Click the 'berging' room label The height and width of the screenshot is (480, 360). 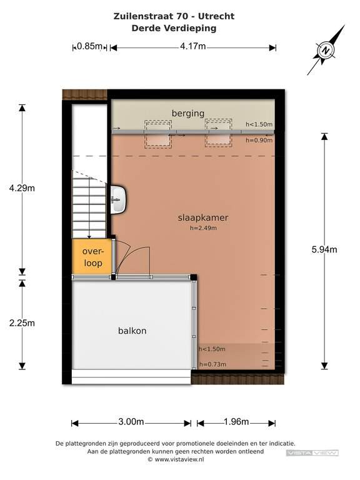click(188, 114)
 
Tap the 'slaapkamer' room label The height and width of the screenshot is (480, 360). click(203, 217)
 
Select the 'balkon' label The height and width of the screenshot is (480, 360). click(132, 331)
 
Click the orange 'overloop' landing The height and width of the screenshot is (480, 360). click(92, 256)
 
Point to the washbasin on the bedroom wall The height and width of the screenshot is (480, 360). click(119, 199)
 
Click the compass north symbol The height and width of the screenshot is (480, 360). click(326, 50)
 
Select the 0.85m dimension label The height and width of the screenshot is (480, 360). click(89, 46)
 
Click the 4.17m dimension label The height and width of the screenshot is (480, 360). click(193, 46)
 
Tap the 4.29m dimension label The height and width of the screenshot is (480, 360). click(22, 188)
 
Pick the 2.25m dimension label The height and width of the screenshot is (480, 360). click(22, 323)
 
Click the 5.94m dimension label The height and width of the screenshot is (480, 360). click(324, 249)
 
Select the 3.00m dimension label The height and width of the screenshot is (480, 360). click(131, 422)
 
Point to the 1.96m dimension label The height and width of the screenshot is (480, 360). click(236, 422)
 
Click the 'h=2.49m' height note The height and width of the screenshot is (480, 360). click(203, 228)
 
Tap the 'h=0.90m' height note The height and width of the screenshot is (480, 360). click(259, 140)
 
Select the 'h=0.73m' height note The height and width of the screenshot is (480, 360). click(212, 364)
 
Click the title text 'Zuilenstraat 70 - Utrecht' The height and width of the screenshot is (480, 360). click(174, 16)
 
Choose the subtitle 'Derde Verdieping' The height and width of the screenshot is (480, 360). click(174, 28)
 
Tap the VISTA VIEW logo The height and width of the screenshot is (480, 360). click(312, 453)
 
